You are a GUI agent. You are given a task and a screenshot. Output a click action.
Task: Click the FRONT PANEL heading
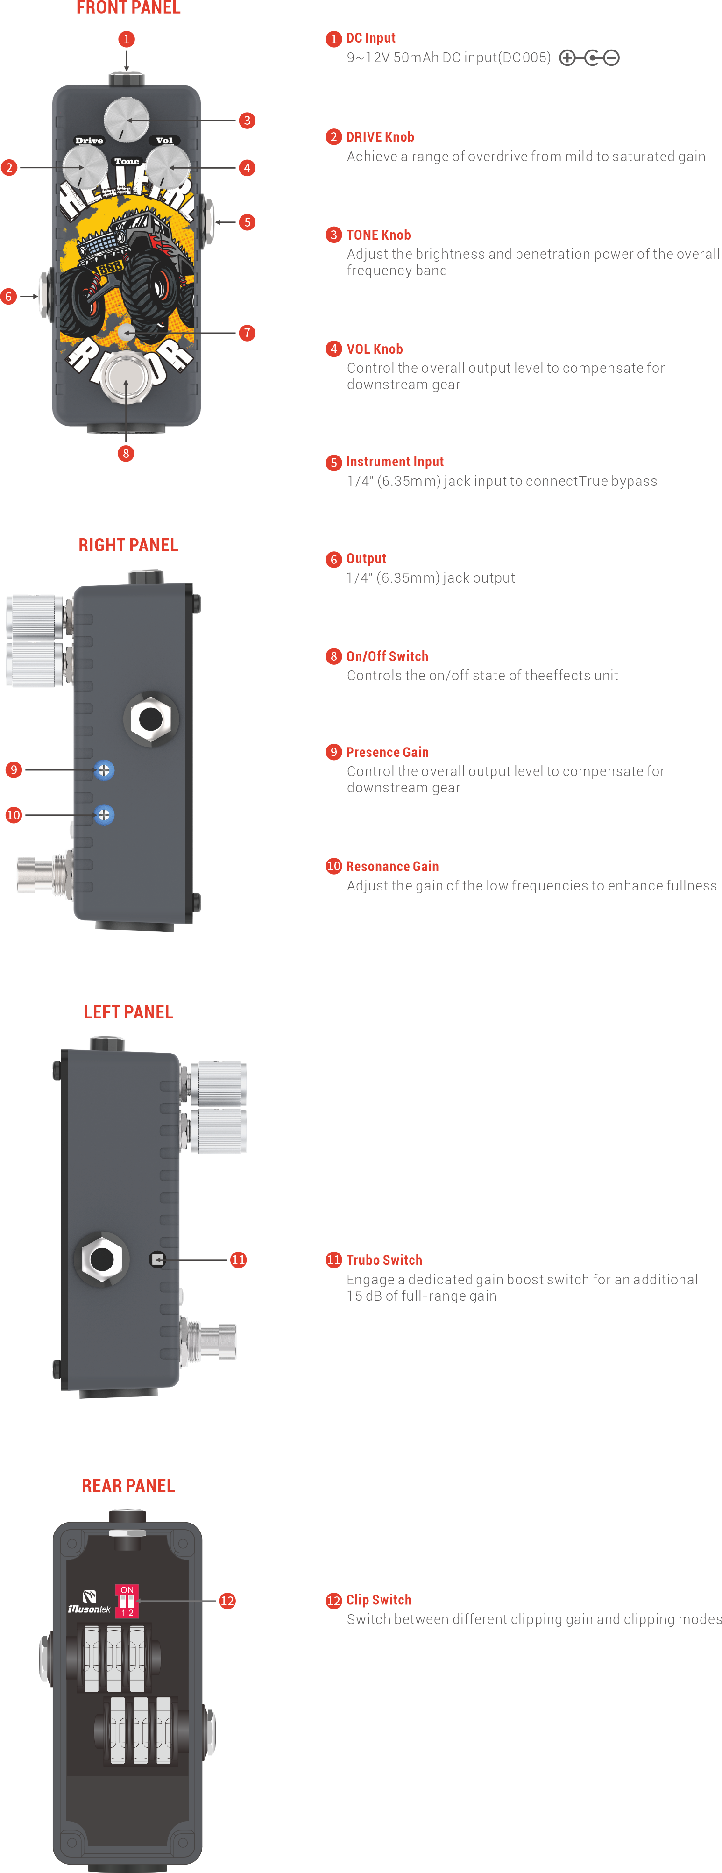click(128, 8)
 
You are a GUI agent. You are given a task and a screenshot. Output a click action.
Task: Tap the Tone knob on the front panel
click(127, 119)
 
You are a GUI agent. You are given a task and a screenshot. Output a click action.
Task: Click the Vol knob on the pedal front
click(168, 167)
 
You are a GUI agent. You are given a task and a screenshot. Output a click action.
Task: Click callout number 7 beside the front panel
click(247, 333)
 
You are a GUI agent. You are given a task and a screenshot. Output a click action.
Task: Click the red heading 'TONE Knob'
click(378, 235)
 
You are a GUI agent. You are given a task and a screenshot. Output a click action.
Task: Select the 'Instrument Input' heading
click(394, 462)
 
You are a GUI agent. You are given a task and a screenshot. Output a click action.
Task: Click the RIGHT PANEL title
click(128, 545)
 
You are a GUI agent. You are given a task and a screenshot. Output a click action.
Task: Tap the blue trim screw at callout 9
click(104, 770)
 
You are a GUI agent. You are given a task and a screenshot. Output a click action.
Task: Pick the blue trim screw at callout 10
click(104, 815)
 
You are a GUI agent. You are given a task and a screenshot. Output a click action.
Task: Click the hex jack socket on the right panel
click(150, 719)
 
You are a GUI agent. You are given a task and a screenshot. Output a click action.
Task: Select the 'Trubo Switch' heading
click(384, 1260)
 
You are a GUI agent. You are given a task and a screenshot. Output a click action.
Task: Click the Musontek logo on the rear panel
click(89, 1602)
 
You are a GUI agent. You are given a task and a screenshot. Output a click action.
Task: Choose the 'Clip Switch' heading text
click(378, 1600)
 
